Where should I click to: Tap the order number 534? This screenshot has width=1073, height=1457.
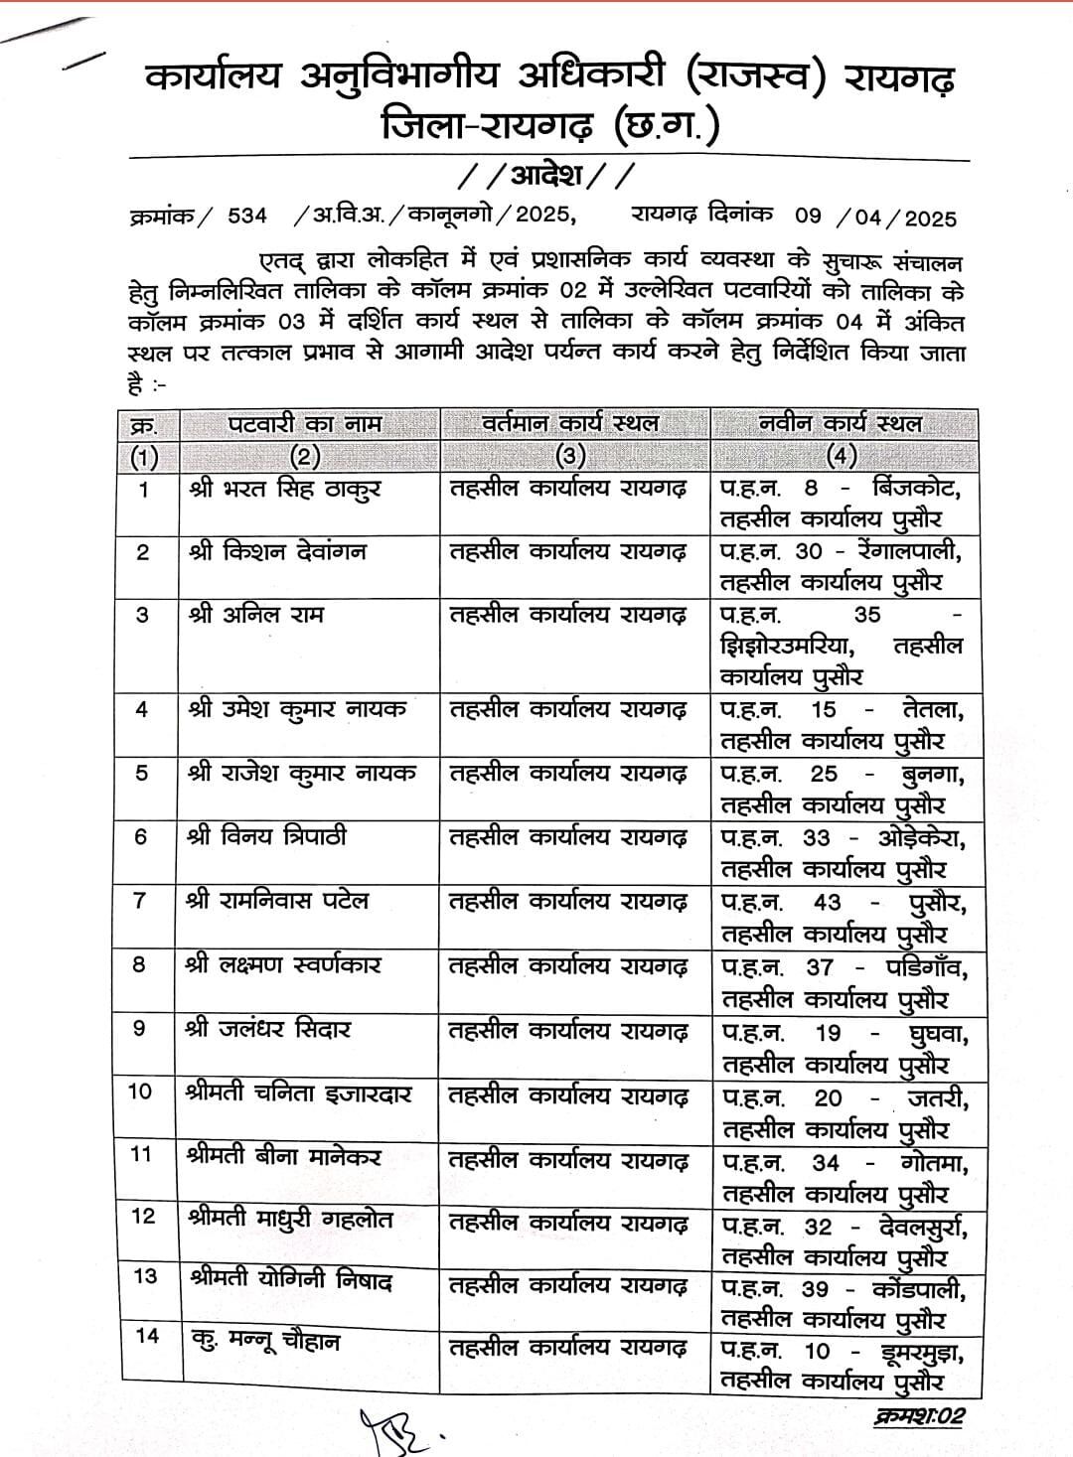247,217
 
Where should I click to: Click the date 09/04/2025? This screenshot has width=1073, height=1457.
874,217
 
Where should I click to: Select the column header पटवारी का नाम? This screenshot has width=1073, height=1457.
305,424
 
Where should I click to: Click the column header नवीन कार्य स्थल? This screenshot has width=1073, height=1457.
841,424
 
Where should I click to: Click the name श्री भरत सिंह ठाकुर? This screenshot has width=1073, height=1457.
283,489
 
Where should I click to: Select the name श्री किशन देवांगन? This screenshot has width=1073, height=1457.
276,551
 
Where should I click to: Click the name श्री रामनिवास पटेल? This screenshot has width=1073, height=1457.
277,901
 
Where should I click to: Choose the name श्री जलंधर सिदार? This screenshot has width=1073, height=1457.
267,1029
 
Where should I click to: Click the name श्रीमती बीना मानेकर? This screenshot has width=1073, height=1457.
283,1156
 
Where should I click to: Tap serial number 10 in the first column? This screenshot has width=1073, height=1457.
141,1092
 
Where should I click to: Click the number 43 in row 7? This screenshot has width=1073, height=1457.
827,902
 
